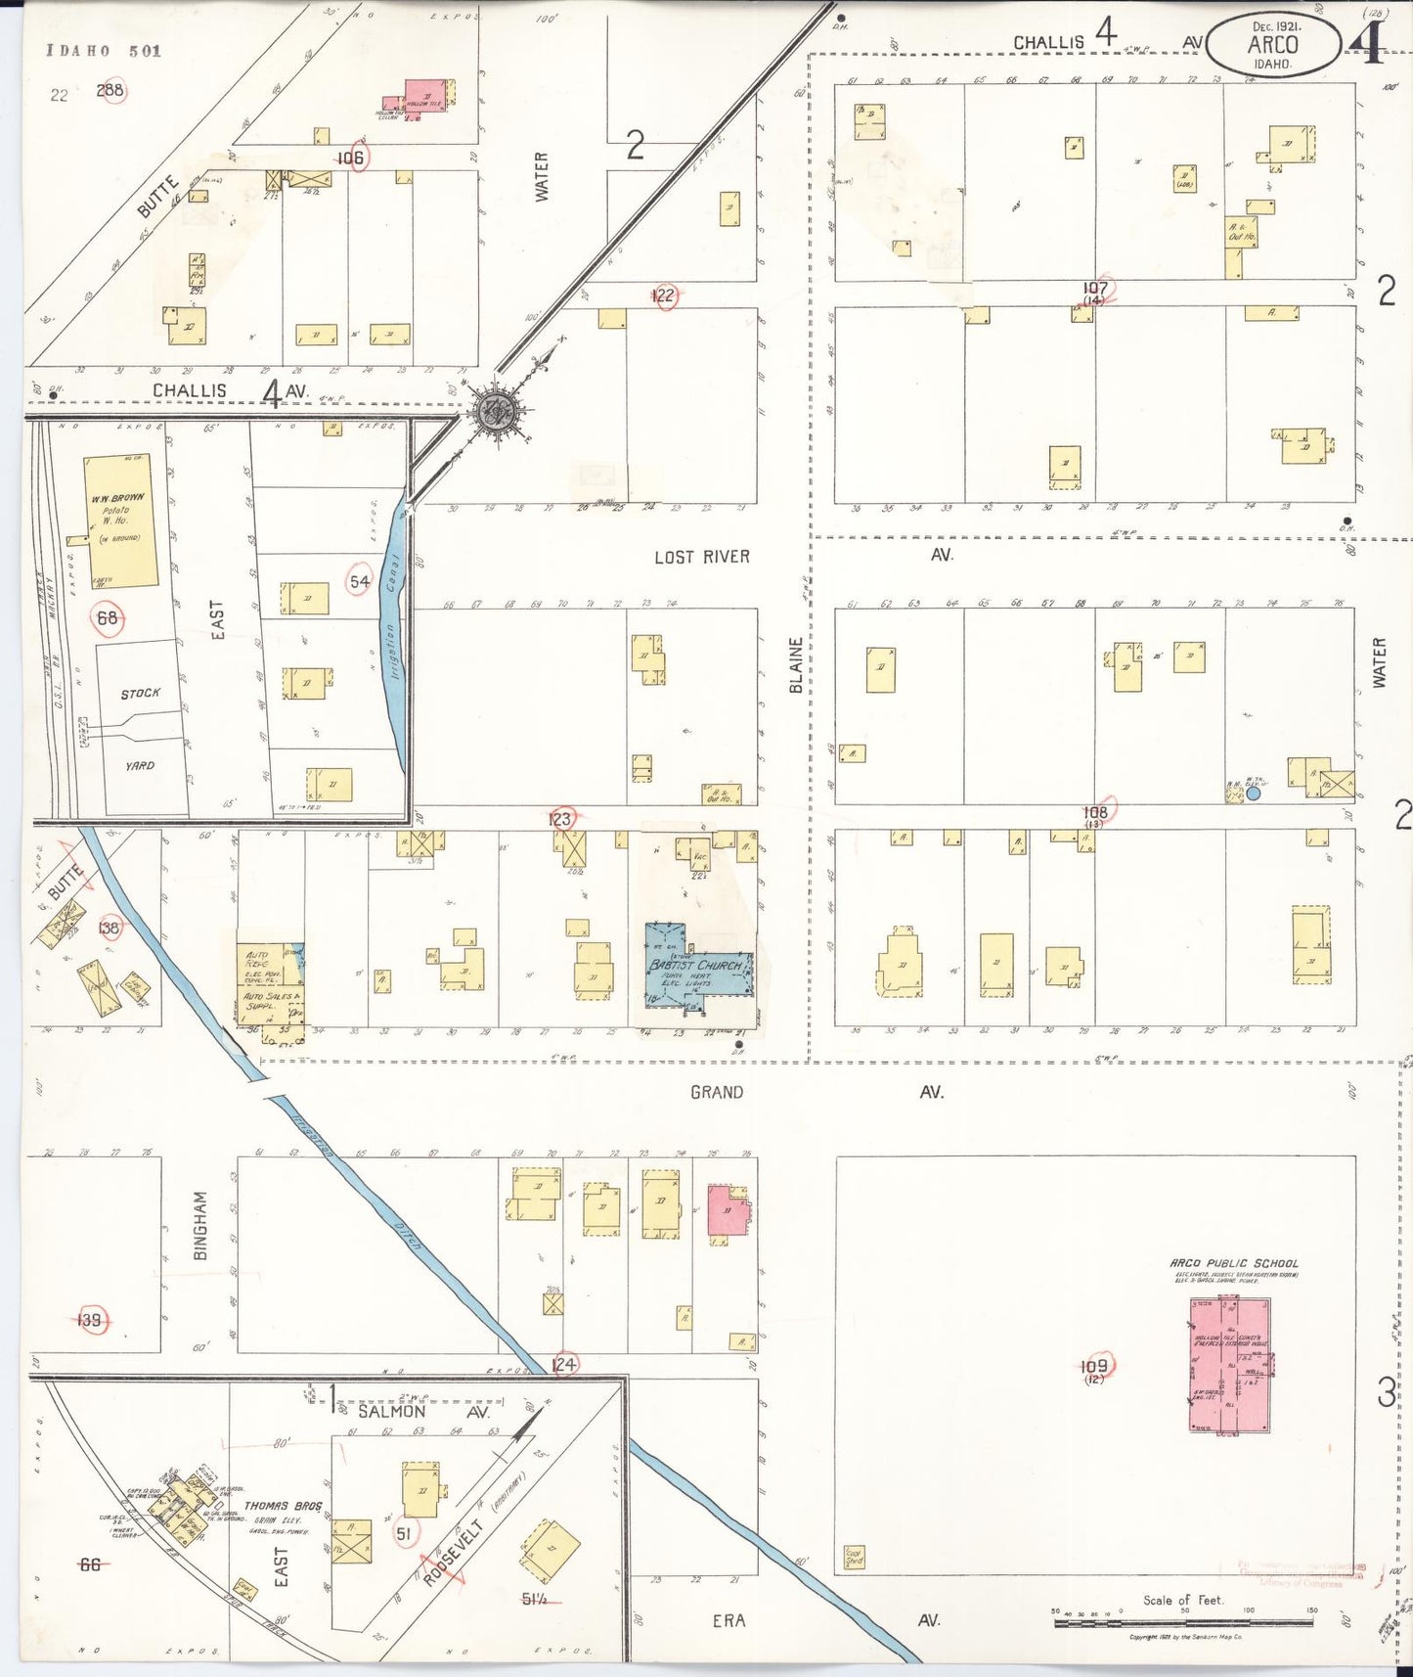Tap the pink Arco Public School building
tap(1228, 1364)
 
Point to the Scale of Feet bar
tap(1184, 1622)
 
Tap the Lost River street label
tap(701, 557)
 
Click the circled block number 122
tap(664, 295)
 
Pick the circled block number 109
tap(1094, 1366)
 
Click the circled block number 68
tap(107, 617)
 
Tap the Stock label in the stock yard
tap(140, 694)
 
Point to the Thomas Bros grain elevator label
tap(282, 1506)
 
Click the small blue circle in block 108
tap(1253, 793)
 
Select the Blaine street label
tap(796, 665)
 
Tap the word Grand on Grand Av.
tap(716, 1092)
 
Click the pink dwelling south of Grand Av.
tap(727, 1210)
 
